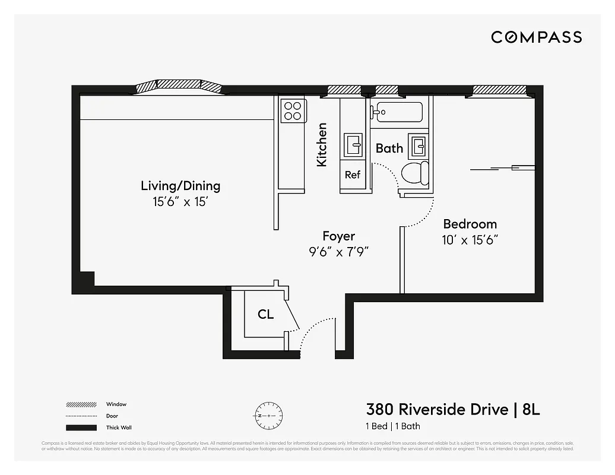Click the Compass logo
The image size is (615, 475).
pyautogui.click(x=536, y=37)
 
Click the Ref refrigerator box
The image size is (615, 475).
pyautogui.click(x=353, y=175)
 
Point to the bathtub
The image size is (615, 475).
pyautogui.click(x=397, y=112)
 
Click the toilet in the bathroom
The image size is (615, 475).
pyautogui.click(x=415, y=173)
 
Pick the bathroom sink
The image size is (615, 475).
pyautogui.click(x=420, y=144)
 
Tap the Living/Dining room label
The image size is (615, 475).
pyautogui.click(x=180, y=185)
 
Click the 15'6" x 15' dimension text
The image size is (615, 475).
pyautogui.click(x=180, y=202)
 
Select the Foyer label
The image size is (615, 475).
pyautogui.click(x=338, y=236)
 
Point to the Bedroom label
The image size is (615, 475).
pyautogui.click(x=470, y=224)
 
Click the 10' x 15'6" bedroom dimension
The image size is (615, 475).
pyautogui.click(x=470, y=240)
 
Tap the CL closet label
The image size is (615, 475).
pyautogui.click(x=265, y=315)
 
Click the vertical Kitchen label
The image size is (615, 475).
pyautogui.click(x=322, y=144)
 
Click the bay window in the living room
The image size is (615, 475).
pyautogui.click(x=180, y=86)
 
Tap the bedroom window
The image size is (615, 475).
pyautogui.click(x=499, y=90)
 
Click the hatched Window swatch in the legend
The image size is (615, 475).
pyautogui.click(x=81, y=405)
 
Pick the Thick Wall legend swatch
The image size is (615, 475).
pyautogui.click(x=81, y=427)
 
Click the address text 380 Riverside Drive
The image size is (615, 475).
pyautogui.click(x=437, y=410)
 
